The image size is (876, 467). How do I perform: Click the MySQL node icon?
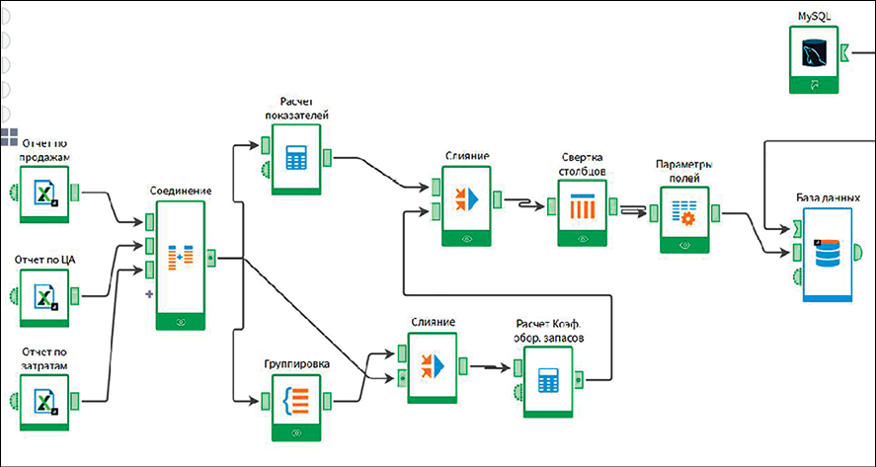(x=815, y=51)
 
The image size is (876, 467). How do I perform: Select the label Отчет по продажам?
(x=45, y=149)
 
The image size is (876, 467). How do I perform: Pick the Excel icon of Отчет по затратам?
(x=45, y=401)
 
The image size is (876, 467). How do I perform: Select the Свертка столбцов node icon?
(x=584, y=207)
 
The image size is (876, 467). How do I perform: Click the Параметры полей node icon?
(x=685, y=209)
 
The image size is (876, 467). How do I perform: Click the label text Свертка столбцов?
(x=583, y=165)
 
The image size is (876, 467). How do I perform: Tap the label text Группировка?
(x=296, y=363)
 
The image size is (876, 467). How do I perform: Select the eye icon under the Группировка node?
(x=296, y=431)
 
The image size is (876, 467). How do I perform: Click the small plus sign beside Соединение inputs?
(x=149, y=293)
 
